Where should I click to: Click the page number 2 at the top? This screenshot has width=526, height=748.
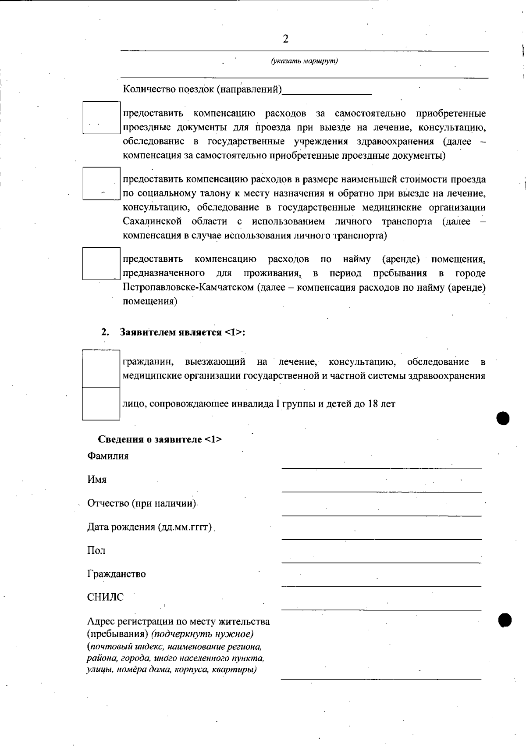coord(286,39)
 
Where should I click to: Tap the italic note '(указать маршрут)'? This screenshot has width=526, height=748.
coord(305,61)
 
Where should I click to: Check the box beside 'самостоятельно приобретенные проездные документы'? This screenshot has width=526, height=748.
coord(101,118)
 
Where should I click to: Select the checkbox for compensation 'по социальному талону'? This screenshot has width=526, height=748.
coord(101,183)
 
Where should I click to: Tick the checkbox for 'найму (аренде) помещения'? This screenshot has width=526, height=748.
coord(101,264)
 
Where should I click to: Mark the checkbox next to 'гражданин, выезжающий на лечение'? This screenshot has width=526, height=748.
coord(101,369)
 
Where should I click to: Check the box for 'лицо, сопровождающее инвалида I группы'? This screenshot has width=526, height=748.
coord(101,404)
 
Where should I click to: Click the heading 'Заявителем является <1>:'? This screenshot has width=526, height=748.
coord(182,332)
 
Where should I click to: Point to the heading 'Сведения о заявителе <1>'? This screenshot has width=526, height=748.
coord(160,439)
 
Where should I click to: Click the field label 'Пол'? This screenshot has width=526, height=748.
coord(96,551)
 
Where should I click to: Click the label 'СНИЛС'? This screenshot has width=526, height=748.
coord(106,597)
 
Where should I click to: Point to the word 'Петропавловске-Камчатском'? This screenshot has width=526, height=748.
coord(188,288)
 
